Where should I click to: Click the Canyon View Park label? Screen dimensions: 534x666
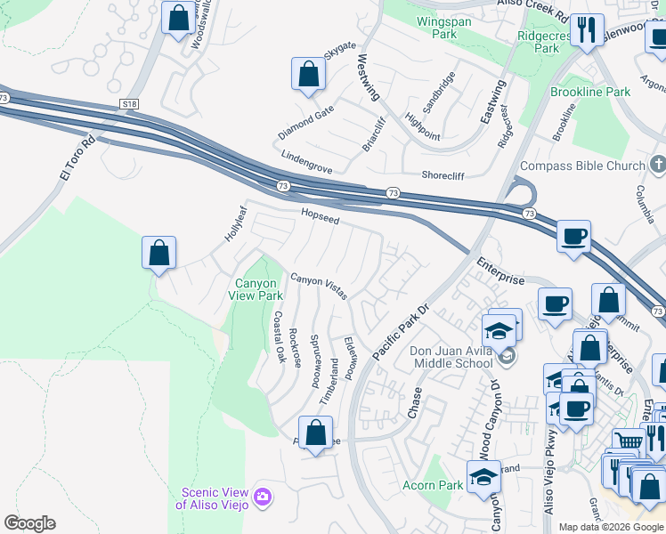[256, 289]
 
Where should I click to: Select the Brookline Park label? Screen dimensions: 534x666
[590, 92]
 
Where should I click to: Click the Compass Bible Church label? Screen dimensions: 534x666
[581, 166]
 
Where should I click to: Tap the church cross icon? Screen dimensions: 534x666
[658, 165]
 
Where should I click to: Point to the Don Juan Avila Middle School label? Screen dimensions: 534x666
[451, 356]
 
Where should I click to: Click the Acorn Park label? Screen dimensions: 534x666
[433, 485]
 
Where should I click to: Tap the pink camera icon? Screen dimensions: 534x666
[262, 496]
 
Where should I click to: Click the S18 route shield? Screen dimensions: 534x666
[130, 104]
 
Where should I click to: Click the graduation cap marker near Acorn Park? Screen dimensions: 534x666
[483, 475]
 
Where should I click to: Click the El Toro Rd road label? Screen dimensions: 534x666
[77, 157]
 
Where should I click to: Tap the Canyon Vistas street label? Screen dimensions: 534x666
[319, 285]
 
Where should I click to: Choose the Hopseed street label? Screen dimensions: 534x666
[320, 217]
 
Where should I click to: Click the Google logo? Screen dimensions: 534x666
[29, 523]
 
